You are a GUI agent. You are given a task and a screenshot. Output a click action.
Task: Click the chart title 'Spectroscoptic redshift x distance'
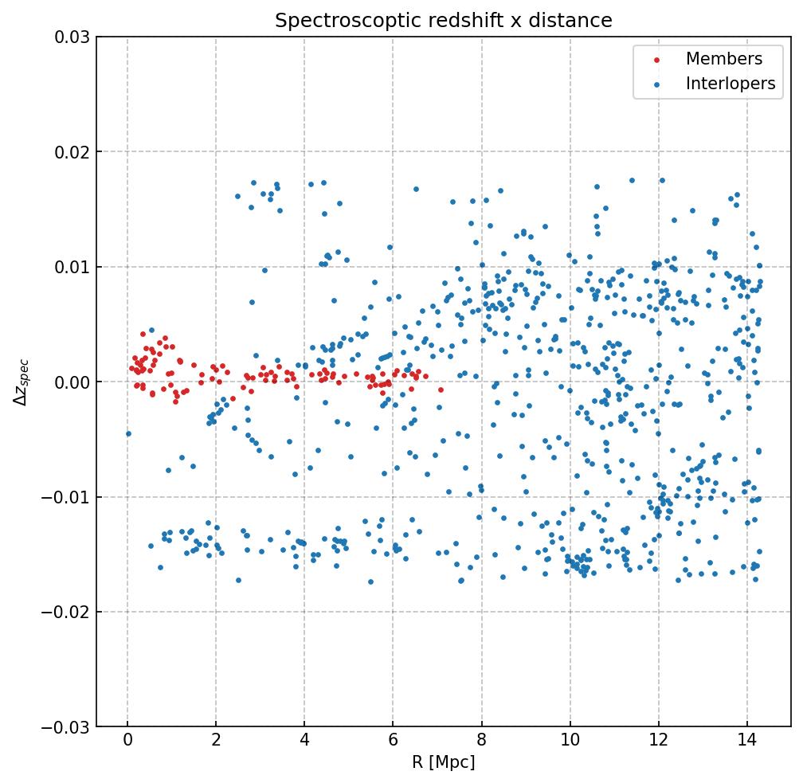443,21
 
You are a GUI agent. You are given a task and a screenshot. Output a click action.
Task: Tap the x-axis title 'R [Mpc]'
443,762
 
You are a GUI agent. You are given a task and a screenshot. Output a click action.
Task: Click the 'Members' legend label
724,59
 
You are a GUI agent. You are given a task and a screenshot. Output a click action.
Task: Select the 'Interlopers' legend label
731,84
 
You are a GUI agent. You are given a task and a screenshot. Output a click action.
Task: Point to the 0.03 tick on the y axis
72,37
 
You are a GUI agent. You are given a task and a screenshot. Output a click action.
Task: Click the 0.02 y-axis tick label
72,152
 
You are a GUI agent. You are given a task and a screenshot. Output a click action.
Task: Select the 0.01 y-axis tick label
72,267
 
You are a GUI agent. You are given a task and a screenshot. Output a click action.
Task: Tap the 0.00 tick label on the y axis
72,382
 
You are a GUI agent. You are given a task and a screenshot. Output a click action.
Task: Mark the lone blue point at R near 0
128,433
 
